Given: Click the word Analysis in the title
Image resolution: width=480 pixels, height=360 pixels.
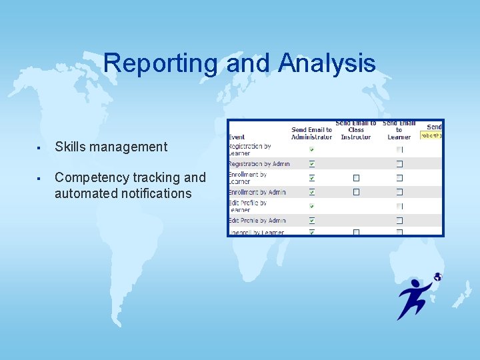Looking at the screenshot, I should point(327,63).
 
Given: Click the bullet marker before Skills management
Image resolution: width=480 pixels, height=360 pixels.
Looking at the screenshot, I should point(40,147).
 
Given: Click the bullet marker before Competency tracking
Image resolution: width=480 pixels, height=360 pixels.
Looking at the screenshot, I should point(40,178).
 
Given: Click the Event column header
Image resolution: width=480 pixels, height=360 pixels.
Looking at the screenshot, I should point(237,137).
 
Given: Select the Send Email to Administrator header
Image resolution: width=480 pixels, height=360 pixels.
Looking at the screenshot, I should point(311,133).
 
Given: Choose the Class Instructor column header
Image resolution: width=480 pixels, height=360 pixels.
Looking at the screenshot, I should point(356,133).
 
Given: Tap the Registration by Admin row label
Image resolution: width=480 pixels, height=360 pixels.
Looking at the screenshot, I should point(259,163).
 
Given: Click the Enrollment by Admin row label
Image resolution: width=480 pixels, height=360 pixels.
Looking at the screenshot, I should point(257,192).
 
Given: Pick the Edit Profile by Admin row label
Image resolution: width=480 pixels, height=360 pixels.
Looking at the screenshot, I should point(257,220).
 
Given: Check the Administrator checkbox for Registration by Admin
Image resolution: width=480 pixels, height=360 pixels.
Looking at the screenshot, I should point(311,163).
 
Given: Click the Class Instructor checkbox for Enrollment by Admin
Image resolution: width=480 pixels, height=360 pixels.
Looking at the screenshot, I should point(356,192).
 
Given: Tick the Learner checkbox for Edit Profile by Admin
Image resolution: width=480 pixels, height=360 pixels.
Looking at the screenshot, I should point(399,220).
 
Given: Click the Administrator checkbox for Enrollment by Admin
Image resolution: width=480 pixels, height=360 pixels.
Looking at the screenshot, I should point(311,192).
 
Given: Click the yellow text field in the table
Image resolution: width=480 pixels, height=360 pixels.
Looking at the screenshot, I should point(431,135).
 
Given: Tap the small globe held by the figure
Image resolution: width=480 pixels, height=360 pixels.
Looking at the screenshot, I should point(437,277).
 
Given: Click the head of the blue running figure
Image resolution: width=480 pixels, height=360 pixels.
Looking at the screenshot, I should point(416,284).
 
